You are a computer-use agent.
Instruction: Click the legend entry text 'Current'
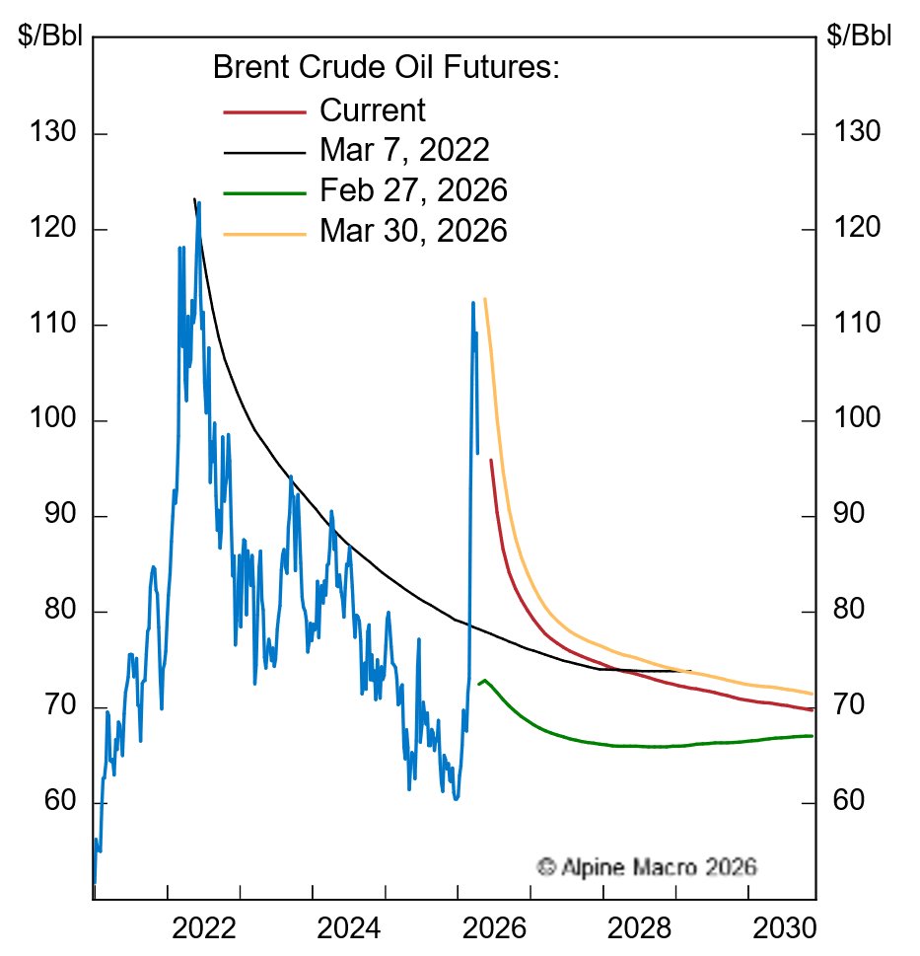(x=372, y=110)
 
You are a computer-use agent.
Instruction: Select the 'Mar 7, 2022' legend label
(x=404, y=150)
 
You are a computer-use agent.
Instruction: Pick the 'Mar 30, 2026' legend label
(x=413, y=230)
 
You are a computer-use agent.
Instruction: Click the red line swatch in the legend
(x=264, y=111)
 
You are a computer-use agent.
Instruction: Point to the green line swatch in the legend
(x=264, y=191)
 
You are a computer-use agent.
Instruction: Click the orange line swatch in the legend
(x=264, y=232)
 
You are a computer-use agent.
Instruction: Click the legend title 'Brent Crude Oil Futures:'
(x=387, y=68)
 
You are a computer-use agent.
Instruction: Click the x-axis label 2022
(x=203, y=929)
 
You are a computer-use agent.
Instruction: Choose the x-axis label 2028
(x=639, y=929)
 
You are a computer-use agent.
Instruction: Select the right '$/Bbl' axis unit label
(x=860, y=37)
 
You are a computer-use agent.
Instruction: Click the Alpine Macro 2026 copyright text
(x=647, y=867)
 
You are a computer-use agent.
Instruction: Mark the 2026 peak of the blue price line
(x=472, y=302)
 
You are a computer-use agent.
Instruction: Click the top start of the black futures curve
(x=193, y=199)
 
